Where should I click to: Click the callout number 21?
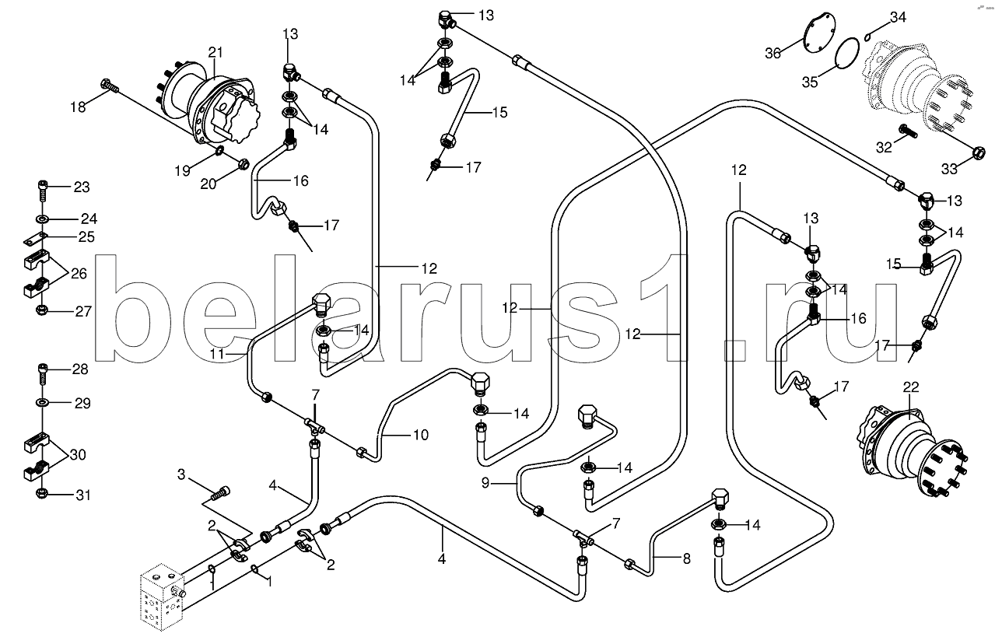click(x=215, y=52)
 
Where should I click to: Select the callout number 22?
click(x=911, y=387)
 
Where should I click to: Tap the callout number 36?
click(x=773, y=53)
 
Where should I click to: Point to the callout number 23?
click(x=82, y=187)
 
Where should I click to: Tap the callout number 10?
click(x=419, y=435)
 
